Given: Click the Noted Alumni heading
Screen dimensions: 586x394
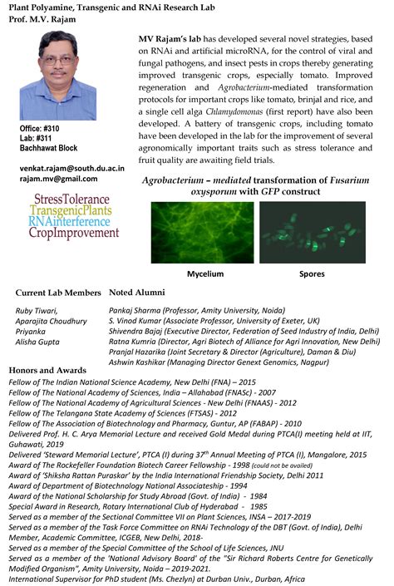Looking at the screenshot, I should pos(137,293).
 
